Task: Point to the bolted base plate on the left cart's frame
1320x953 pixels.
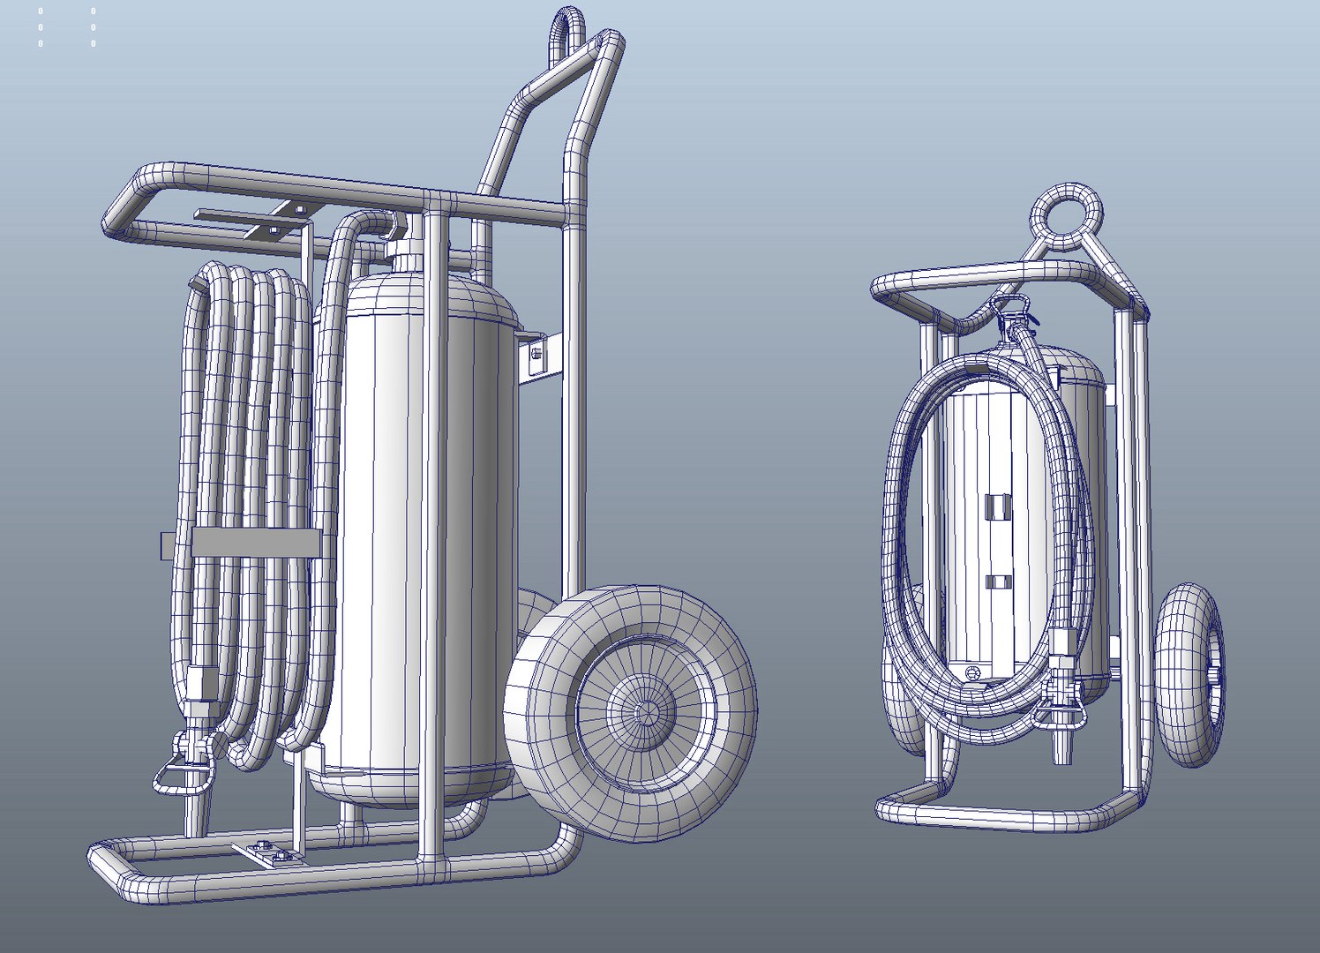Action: [x=268, y=852]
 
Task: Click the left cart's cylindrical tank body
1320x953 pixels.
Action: [x=415, y=529]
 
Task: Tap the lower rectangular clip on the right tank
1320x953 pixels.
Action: [x=997, y=582]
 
